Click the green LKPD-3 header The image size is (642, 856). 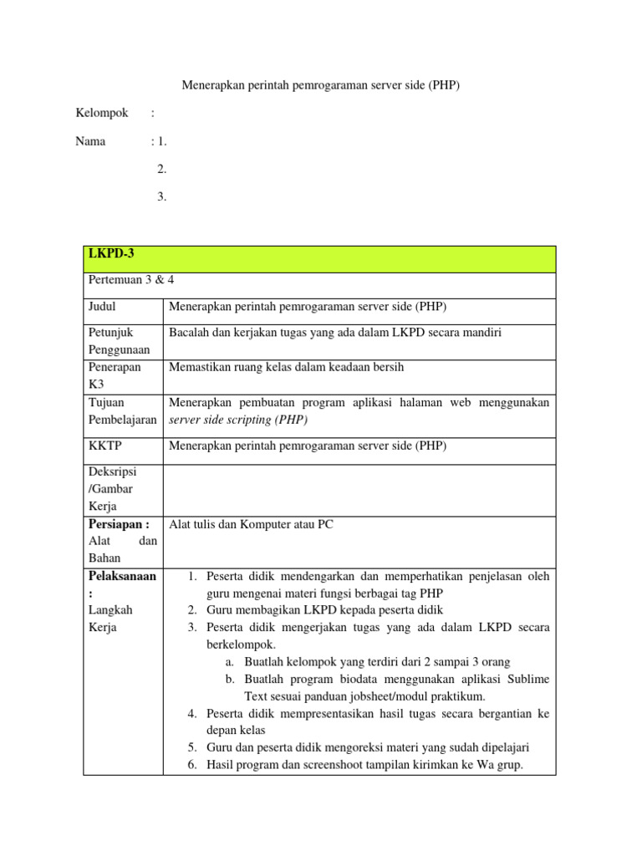tap(319, 258)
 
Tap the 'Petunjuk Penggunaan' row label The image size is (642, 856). tap(118, 341)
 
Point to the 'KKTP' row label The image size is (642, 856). tap(104, 446)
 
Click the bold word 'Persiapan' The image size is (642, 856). tap(118, 524)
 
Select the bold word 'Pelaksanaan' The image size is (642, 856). tap(122, 577)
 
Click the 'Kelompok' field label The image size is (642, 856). tap(101, 113)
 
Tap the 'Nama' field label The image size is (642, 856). tap(90, 141)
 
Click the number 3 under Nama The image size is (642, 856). tap(161, 197)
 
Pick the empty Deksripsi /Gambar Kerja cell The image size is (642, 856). tap(359, 489)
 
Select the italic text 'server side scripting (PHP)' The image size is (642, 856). tap(238, 420)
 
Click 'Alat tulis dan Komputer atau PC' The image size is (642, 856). tap(251, 524)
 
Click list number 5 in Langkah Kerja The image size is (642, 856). tap(191, 747)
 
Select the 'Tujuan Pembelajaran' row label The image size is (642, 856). tap(122, 411)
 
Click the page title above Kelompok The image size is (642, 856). tap(321, 85)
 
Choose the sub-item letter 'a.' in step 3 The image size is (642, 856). tap(230, 662)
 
